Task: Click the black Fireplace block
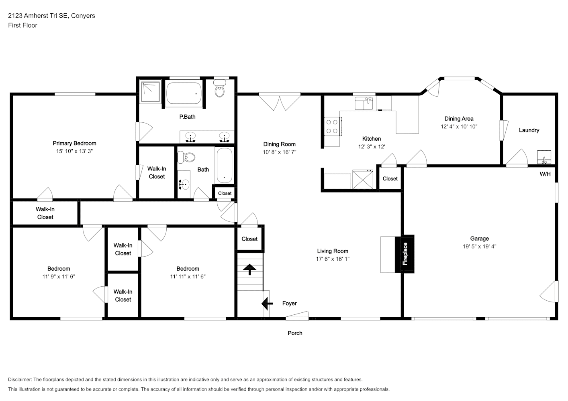[x=405, y=254]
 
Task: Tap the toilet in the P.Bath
[x=220, y=88]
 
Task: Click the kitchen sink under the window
[x=364, y=103]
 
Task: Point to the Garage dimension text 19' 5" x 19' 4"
[x=479, y=246]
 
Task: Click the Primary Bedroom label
[x=74, y=143]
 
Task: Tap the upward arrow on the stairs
[x=250, y=269]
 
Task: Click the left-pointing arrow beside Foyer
[x=267, y=303]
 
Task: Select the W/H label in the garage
[x=545, y=174]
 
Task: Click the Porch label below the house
[x=295, y=333]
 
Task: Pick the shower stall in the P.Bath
[x=151, y=92]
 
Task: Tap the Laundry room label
[x=529, y=130]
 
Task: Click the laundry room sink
[x=544, y=157]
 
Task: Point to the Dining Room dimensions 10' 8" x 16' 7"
[x=279, y=152]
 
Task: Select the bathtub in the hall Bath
[x=224, y=165]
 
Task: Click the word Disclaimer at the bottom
[x=20, y=379]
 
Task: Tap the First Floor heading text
[x=22, y=25]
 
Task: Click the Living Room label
[x=333, y=251]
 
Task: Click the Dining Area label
[x=459, y=119]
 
